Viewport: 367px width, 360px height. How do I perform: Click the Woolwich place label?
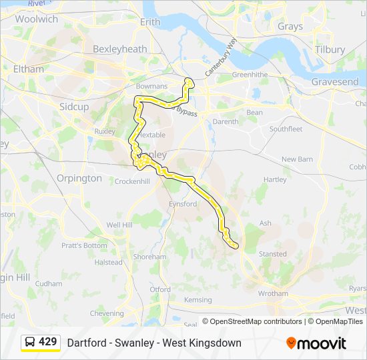click(37, 19)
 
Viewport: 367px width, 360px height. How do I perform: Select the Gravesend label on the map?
click(334, 82)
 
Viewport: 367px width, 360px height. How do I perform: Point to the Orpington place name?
click(79, 179)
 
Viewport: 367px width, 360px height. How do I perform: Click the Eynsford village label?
click(183, 204)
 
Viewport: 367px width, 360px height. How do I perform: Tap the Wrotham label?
click(272, 293)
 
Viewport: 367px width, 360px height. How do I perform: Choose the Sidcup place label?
click(73, 107)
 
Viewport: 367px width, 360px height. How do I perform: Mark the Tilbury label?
click(330, 49)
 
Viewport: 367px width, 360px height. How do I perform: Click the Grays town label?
click(290, 27)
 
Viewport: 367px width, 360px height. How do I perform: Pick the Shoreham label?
click(149, 257)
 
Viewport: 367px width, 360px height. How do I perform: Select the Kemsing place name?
click(198, 300)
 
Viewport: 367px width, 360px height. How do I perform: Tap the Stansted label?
click(272, 254)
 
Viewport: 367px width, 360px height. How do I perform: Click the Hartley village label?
click(275, 180)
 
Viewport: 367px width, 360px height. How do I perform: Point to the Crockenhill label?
click(131, 181)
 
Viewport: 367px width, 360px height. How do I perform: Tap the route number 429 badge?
click(47, 342)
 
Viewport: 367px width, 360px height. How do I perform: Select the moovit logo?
click(316, 343)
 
